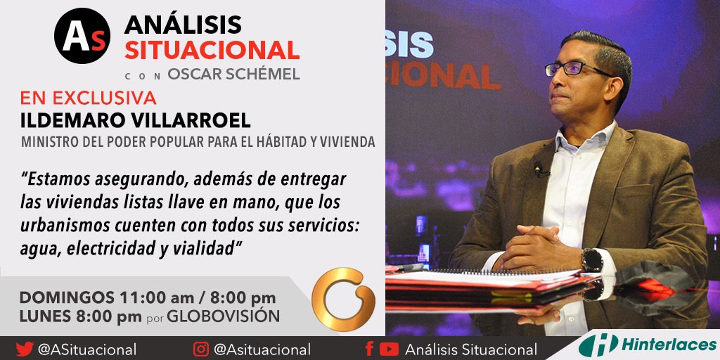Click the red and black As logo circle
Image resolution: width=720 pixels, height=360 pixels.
[82, 37]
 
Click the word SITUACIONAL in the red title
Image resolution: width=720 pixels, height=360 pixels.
[212, 50]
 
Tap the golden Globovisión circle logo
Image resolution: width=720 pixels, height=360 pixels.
[343, 298]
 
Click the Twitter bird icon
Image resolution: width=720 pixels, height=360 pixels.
[25, 349]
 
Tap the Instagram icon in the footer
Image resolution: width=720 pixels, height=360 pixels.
[202, 349]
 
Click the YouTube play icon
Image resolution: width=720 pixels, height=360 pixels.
[389, 349]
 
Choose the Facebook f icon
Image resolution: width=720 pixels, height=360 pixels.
[369, 349]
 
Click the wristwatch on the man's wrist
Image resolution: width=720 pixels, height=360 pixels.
[591, 259]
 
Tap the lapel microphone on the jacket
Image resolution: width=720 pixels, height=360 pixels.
[539, 168]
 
